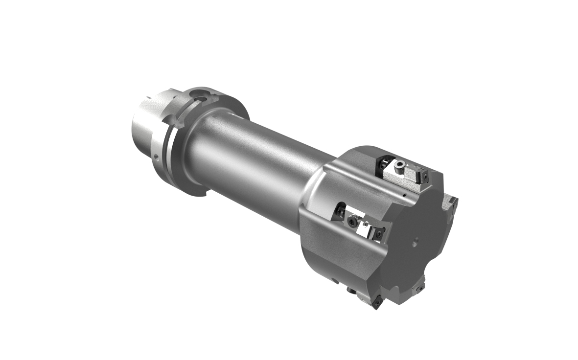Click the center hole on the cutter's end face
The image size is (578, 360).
(415, 240)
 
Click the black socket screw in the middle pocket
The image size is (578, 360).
(352, 223)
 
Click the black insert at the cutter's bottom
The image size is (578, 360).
(378, 302)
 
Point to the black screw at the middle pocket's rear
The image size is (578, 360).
(338, 211)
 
